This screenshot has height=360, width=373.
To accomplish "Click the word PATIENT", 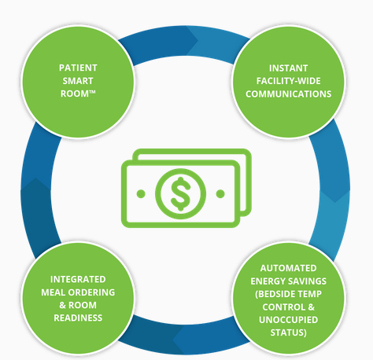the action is pos(78,68).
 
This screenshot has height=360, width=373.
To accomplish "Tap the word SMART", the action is pos(78,81).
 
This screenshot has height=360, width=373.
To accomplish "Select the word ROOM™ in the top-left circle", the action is pos(78,94).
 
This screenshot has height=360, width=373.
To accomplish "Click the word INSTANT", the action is pos(288,68).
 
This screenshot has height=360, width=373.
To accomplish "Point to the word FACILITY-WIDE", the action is pos(288,81).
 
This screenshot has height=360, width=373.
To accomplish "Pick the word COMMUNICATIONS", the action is pos(288,94).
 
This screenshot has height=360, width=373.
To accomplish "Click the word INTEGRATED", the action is pos(78,279).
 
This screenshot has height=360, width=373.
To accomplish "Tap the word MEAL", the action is pos(53,292).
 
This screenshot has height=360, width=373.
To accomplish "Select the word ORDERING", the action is pos(91,292).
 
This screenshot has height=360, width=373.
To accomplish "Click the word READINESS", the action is pos(78,318).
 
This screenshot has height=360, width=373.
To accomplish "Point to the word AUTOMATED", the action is pos(288,268).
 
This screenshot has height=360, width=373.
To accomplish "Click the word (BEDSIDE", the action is pos(273,294).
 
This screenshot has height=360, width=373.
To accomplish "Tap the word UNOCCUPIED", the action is pos(288,320).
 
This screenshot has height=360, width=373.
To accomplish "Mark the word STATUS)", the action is pos(288,332).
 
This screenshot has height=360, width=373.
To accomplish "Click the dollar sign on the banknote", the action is pos(180,194).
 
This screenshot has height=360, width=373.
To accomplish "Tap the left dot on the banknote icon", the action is pos(141,194).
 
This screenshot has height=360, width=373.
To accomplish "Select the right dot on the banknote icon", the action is pos(220,194).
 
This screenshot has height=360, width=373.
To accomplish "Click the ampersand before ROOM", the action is pos(62,305).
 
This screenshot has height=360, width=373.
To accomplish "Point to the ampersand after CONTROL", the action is pos(312,307).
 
